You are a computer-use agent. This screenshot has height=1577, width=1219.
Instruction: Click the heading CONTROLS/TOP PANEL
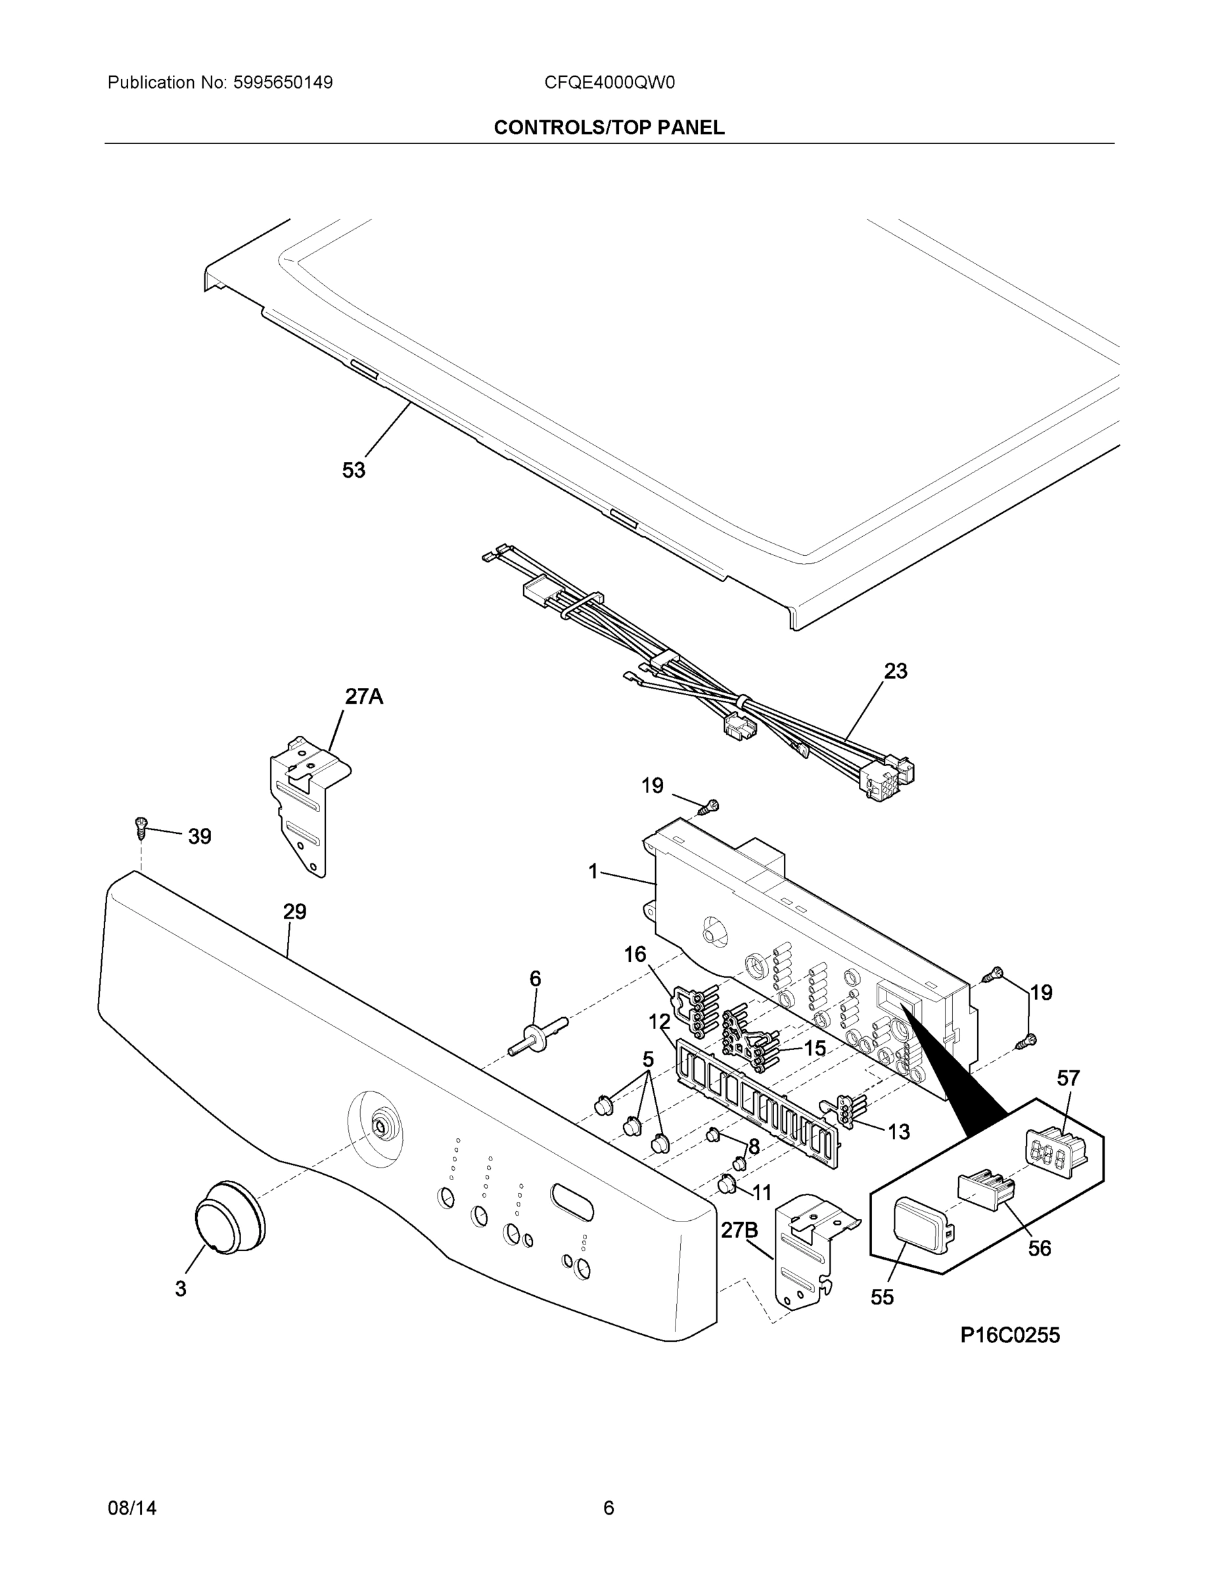point(609,128)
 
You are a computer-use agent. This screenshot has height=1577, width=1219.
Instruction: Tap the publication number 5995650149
point(283,82)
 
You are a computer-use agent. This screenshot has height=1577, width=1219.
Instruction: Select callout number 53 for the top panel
point(353,470)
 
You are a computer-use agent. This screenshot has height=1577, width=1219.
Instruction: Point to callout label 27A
point(363,696)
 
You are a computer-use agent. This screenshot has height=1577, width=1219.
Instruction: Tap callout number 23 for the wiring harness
point(896,671)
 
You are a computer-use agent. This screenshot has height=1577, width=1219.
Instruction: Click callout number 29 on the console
point(294,911)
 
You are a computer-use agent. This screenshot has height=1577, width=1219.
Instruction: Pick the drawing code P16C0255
point(1009,1335)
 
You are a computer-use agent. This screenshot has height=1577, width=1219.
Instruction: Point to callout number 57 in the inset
point(1068,1078)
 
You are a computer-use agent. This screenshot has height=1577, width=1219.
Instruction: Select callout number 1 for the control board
point(593,871)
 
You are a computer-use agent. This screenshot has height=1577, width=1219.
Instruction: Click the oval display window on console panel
point(572,1202)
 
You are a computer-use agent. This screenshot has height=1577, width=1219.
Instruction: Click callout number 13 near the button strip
point(898,1131)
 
